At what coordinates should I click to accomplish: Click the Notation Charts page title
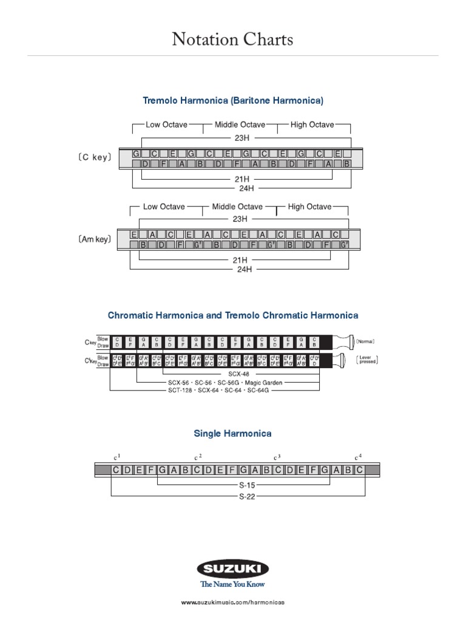click(232, 40)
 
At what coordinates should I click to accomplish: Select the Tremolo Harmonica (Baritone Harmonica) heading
click(233, 100)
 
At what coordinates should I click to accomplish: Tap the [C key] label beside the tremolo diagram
click(95, 157)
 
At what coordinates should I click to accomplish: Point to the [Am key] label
click(95, 239)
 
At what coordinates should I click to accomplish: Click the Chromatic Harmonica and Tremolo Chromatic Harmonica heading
click(233, 315)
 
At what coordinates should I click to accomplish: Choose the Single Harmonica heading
click(232, 434)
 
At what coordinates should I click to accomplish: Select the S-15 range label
click(243, 486)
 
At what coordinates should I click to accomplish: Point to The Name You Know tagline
click(233, 585)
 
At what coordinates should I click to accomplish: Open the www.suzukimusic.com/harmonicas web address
click(233, 602)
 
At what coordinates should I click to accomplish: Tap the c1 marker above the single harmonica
click(117, 456)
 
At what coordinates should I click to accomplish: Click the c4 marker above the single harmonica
click(358, 456)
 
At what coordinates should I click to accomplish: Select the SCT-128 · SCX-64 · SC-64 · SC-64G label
click(219, 390)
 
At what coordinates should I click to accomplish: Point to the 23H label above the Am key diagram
click(240, 219)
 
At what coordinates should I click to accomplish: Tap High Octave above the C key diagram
click(312, 125)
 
